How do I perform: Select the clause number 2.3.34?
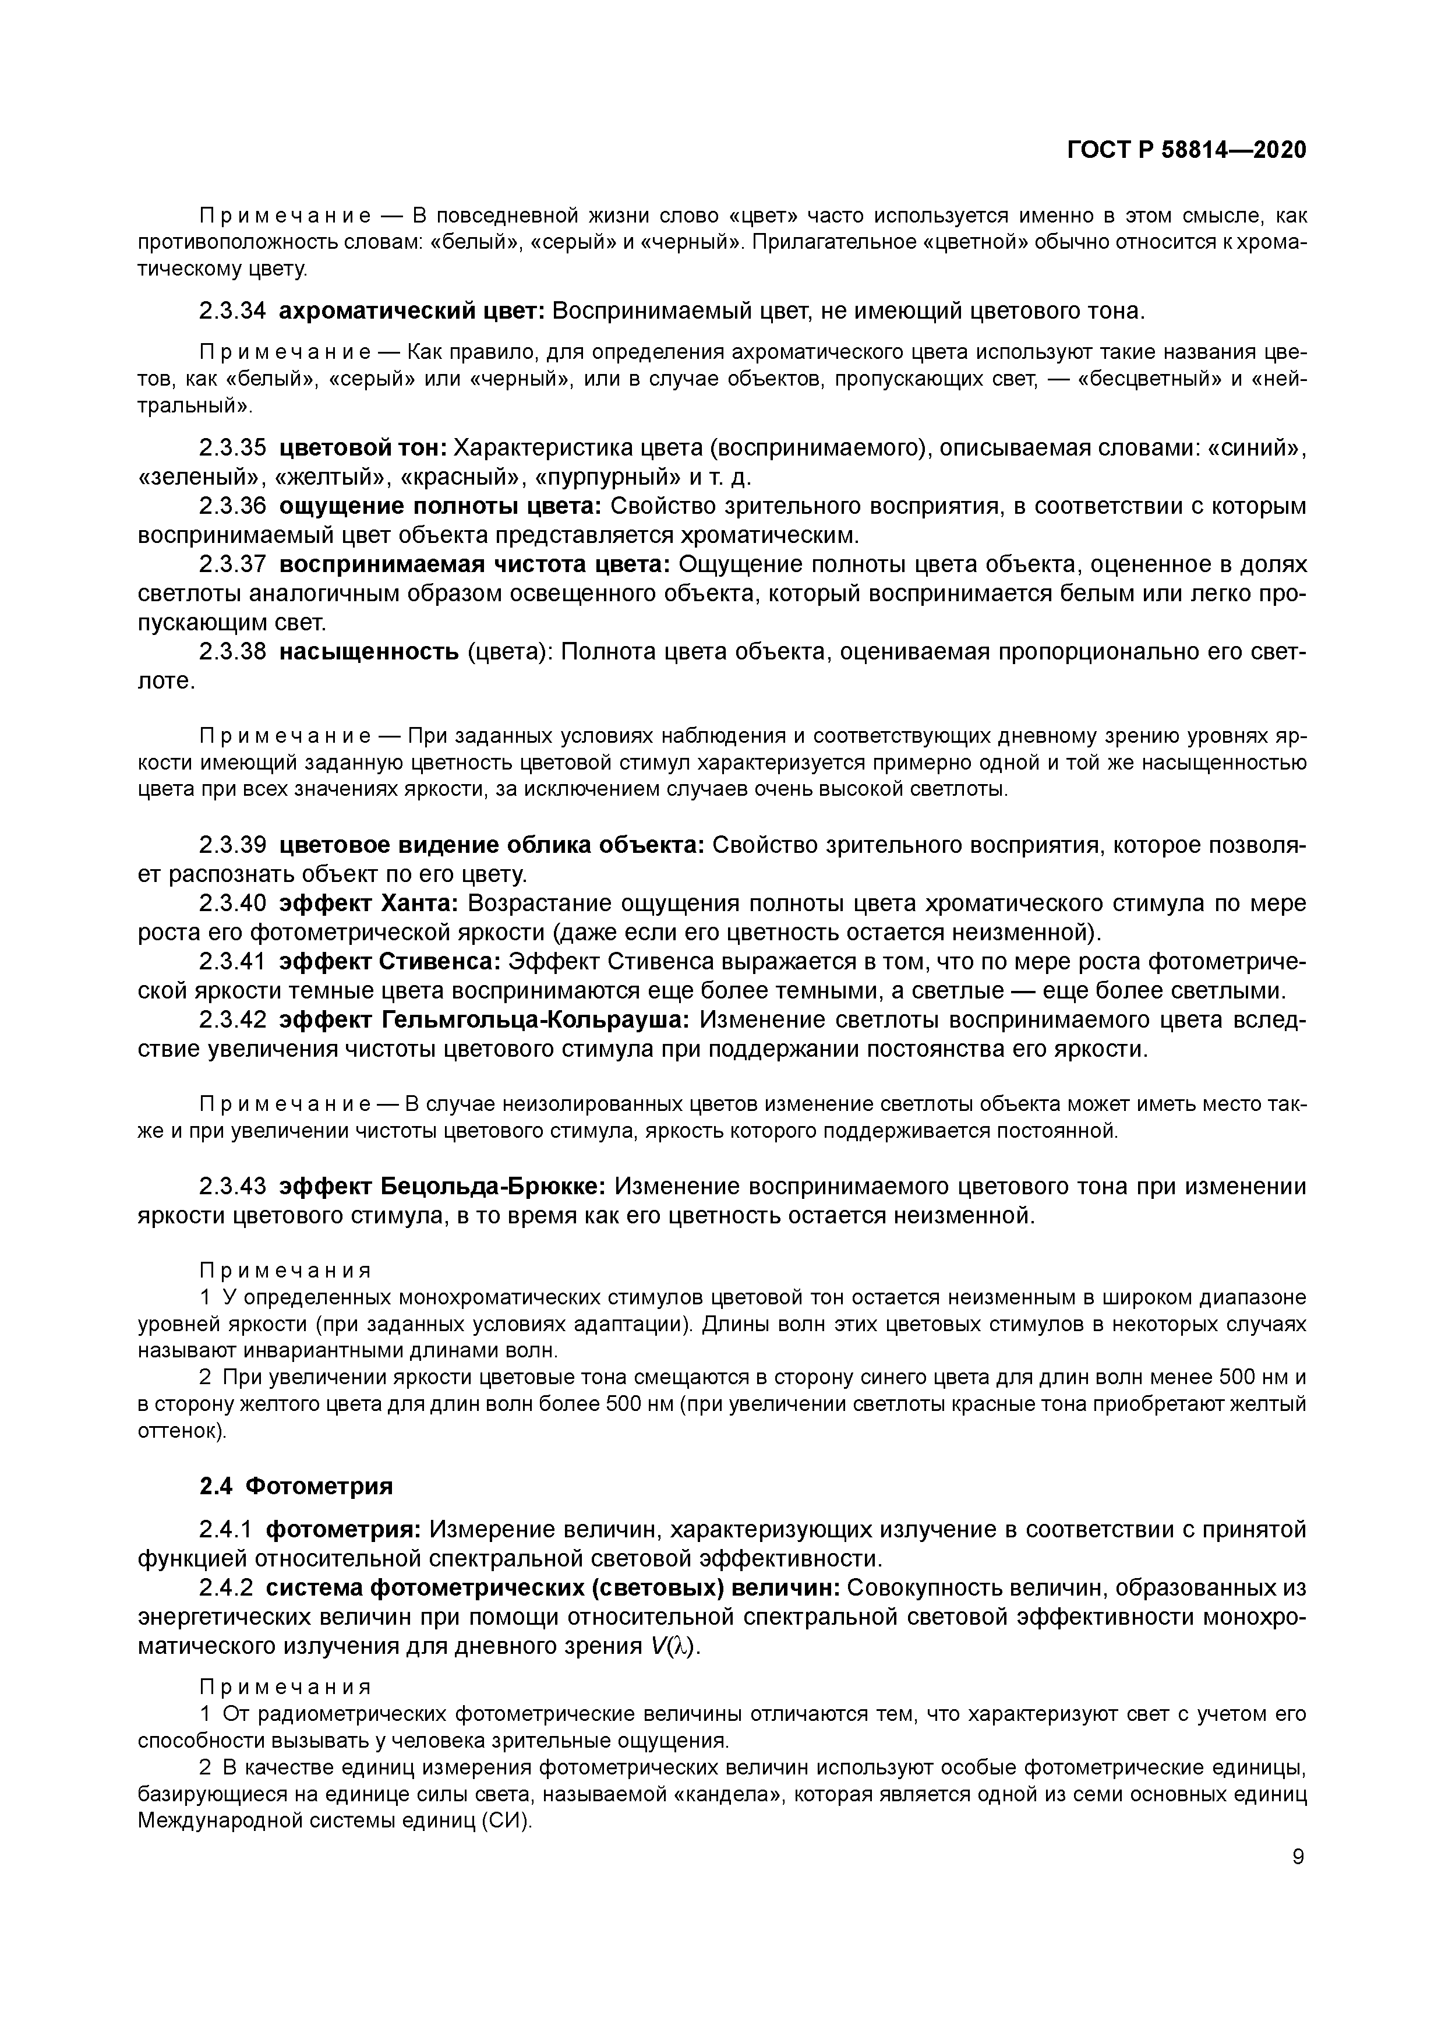click(232, 312)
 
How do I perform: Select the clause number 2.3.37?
click(232, 565)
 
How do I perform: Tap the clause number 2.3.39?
click(232, 845)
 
